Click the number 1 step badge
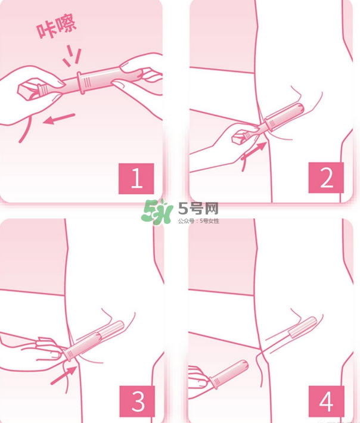point(136,178)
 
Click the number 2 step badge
point(326,177)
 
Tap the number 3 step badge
point(138,401)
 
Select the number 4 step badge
point(326,401)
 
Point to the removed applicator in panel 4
point(227,372)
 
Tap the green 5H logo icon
point(157,211)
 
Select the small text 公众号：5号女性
point(198,221)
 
